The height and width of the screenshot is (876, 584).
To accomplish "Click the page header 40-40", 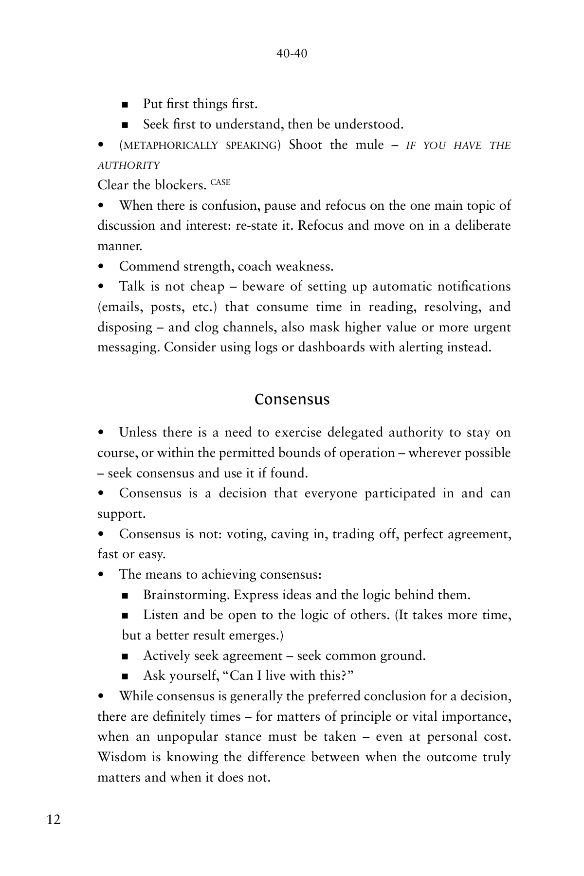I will [292, 54].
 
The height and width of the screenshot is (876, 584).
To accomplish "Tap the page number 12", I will [54, 820].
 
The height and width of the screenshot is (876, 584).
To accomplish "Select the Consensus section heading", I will [292, 400].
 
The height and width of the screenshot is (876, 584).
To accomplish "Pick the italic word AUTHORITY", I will [128, 165].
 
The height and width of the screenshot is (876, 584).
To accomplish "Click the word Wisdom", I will [122, 757].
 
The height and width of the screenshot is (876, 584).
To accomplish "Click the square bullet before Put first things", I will [125, 105].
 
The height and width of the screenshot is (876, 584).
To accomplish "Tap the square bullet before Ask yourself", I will [125, 676].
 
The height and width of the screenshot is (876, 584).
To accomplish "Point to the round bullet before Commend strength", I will [101, 267].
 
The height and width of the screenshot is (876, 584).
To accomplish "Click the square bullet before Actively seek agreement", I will [125, 656].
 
